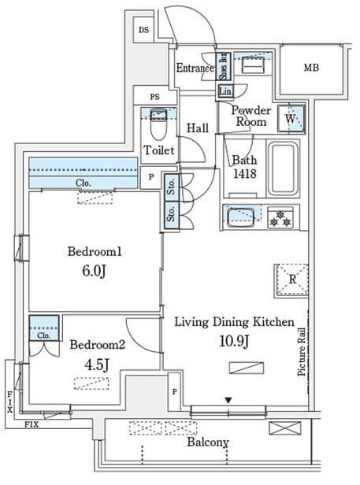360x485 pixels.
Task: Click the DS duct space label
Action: pos(143,30)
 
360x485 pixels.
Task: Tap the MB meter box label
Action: pos(311,68)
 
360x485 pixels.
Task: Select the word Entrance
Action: pos(195,68)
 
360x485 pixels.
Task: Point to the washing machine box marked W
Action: pos(291,119)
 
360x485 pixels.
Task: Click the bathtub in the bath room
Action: pos(283,168)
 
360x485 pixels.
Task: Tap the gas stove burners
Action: pos(280,218)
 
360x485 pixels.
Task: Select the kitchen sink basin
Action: pos(240,217)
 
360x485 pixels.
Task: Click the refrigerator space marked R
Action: pos(291,280)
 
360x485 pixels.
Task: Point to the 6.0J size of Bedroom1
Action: pos(94,271)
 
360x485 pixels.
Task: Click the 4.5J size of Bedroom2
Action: pos(97,365)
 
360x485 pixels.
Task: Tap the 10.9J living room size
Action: pos(234,342)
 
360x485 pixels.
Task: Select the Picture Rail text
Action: pos(301,352)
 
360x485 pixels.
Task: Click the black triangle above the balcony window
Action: pos(228,400)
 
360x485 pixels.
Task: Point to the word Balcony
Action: pos(208,442)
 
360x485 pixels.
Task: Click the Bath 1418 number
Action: pos(244,174)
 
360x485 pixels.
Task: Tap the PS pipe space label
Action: pos(154,97)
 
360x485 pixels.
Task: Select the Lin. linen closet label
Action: pos(225,91)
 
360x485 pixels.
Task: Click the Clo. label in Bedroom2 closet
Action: pos(43,335)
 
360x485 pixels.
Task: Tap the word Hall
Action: pos(197,128)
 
